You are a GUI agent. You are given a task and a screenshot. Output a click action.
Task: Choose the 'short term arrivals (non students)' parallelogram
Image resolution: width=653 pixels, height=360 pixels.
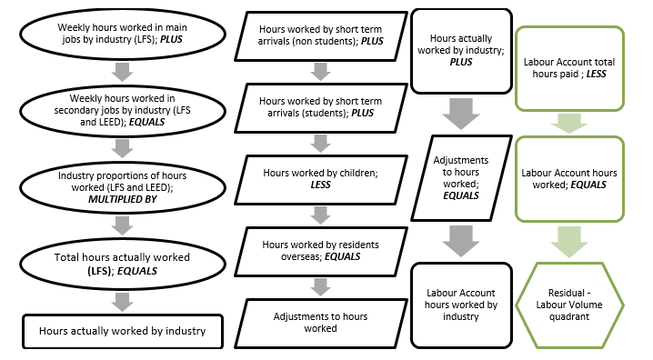(x=318, y=36)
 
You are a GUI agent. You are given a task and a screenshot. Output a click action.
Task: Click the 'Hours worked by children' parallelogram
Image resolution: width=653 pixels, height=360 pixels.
(x=318, y=177)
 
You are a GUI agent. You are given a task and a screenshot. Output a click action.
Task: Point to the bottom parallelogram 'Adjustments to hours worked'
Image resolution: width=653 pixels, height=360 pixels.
(x=318, y=323)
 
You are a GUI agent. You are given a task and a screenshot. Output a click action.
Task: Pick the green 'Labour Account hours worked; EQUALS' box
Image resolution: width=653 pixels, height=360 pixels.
(x=570, y=178)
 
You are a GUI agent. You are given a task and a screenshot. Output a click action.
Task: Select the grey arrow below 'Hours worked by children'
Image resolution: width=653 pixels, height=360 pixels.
(x=318, y=214)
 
